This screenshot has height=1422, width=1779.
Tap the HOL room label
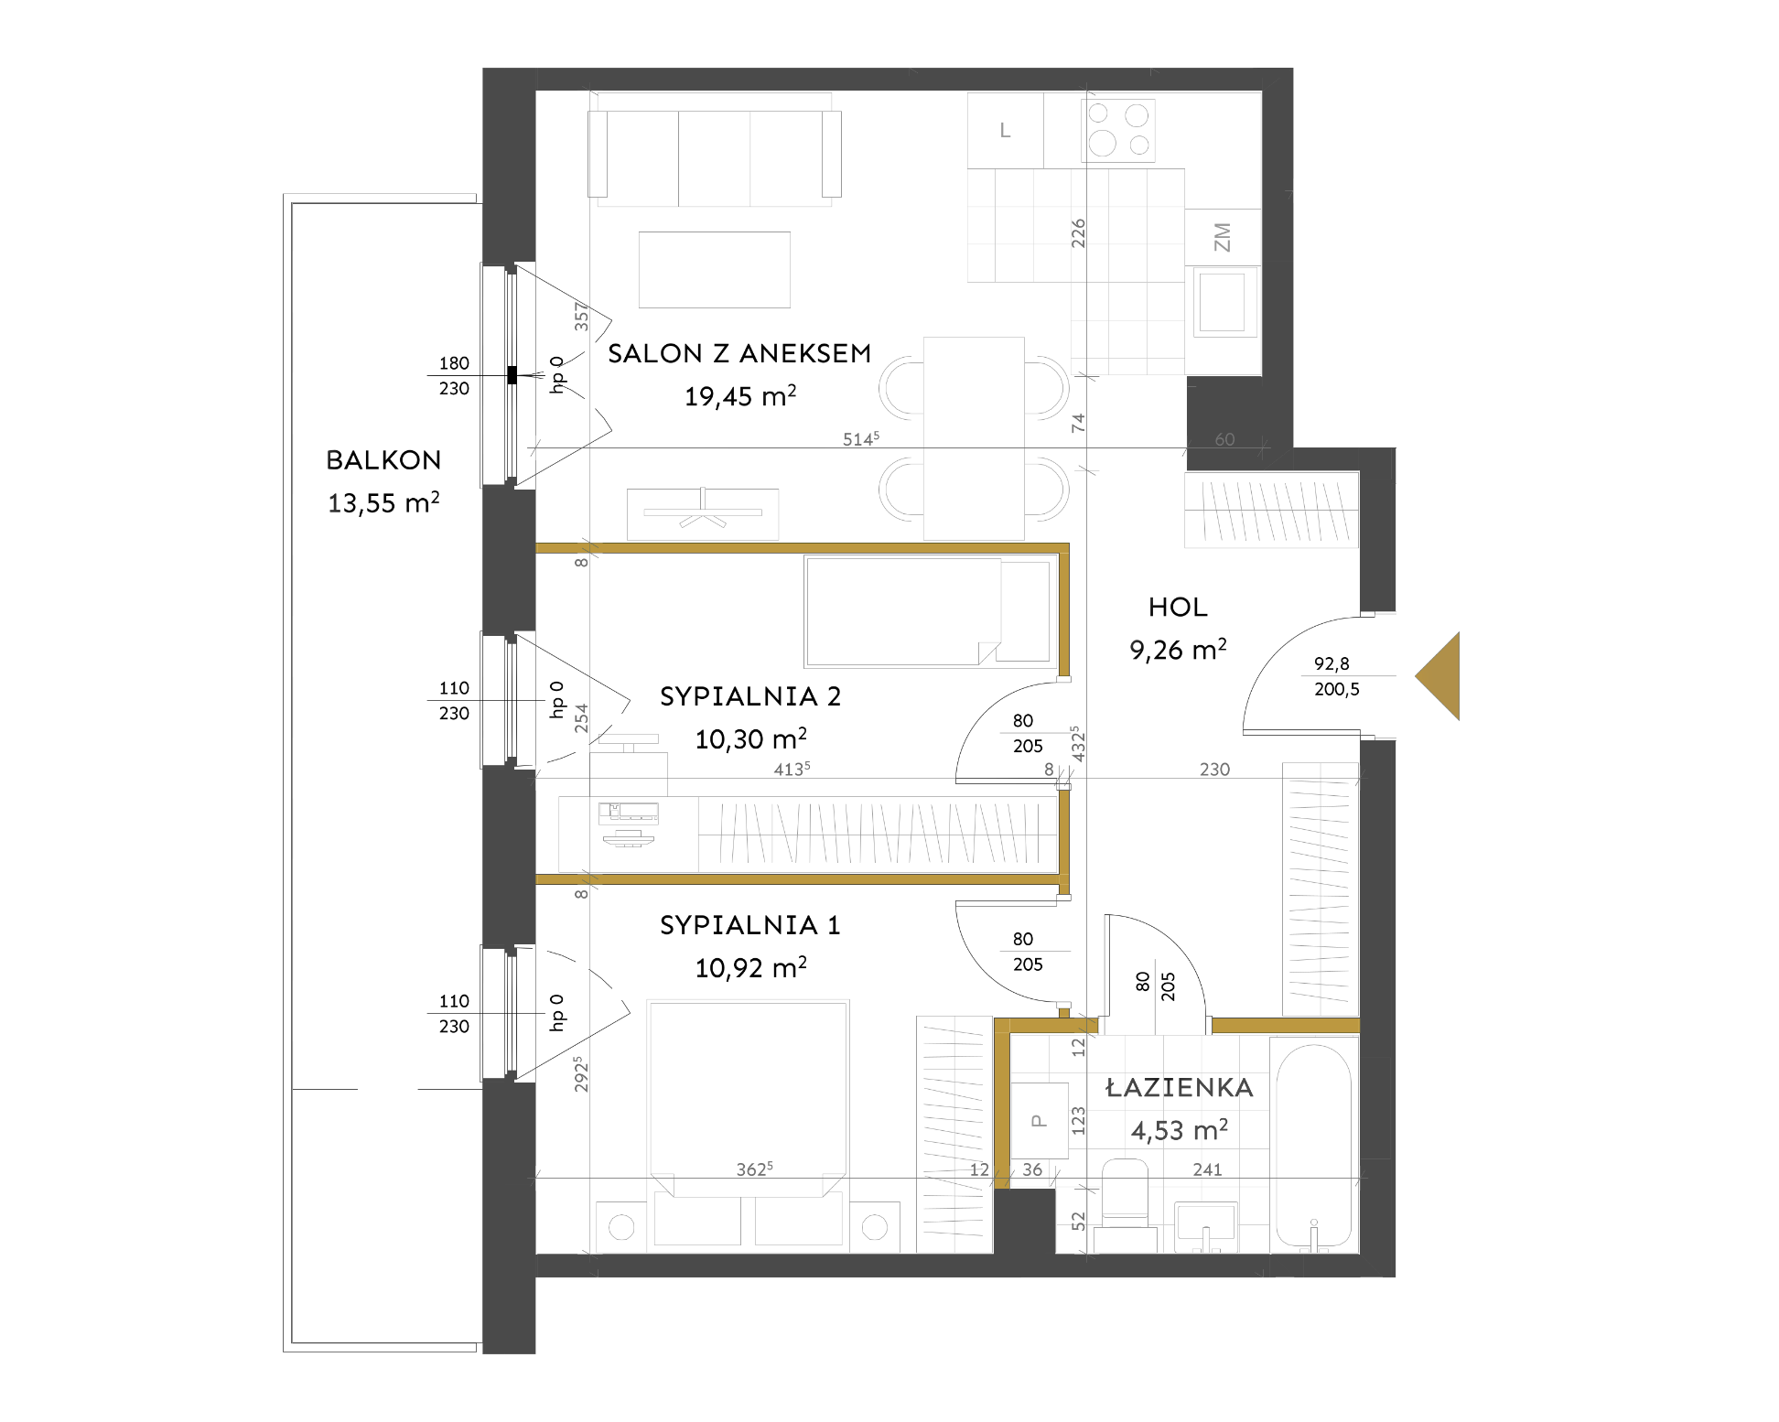coord(1178,607)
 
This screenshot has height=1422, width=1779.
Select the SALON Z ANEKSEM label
coord(739,353)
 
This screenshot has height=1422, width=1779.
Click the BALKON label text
coord(383,459)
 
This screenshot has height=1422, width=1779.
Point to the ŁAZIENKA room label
coord(1180,1087)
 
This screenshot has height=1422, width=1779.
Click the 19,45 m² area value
coord(740,396)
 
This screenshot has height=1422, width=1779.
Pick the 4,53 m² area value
coord(1180,1130)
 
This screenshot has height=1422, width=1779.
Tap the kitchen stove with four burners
coord(1118,130)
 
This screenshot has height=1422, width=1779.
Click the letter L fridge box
coord(1005,130)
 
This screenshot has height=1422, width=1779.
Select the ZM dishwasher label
coord(1223,238)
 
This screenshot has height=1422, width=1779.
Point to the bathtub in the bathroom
coord(1313,1146)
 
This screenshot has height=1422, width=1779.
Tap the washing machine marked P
coord(1039,1121)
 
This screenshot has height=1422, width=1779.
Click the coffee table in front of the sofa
coord(714,270)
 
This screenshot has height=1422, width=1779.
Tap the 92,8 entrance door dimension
coord(1332,663)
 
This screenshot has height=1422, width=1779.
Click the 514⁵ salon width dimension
coord(861,438)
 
